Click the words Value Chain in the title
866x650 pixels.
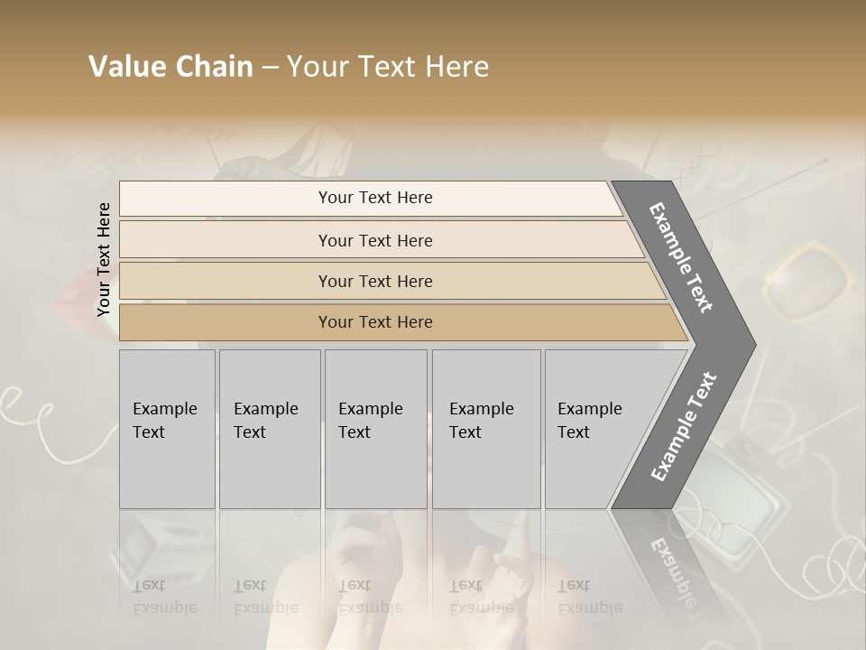(x=170, y=67)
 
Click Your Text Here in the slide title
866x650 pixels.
(x=388, y=67)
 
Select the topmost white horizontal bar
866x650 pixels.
(x=370, y=198)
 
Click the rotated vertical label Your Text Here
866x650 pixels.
(x=104, y=259)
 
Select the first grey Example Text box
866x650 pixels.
(x=167, y=429)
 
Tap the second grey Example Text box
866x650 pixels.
(x=270, y=429)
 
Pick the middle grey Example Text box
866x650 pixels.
(x=375, y=429)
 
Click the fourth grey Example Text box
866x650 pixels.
(x=486, y=429)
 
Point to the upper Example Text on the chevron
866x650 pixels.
(x=682, y=257)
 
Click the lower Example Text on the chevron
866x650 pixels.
(x=684, y=426)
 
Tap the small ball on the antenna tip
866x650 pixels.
(x=825, y=161)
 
